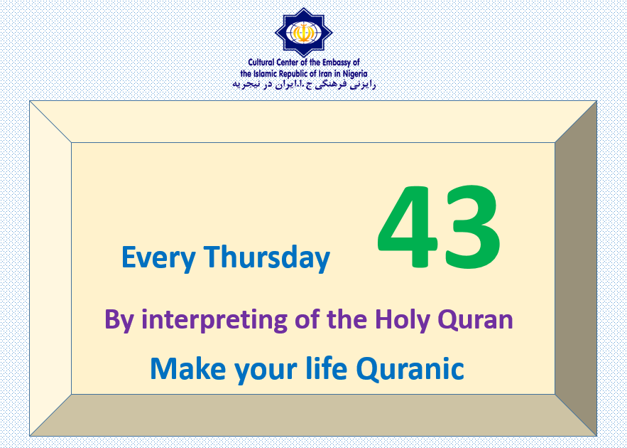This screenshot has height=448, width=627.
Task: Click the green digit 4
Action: point(408,227)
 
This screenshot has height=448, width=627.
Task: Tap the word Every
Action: point(158,258)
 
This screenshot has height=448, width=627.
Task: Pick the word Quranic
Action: point(410,369)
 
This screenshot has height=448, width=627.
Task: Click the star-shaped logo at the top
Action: point(304,33)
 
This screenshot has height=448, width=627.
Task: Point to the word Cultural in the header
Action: point(261,63)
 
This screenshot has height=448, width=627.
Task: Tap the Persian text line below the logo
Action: point(304,85)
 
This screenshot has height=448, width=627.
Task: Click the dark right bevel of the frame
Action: point(576,268)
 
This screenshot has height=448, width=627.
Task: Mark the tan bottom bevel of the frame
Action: point(313,415)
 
